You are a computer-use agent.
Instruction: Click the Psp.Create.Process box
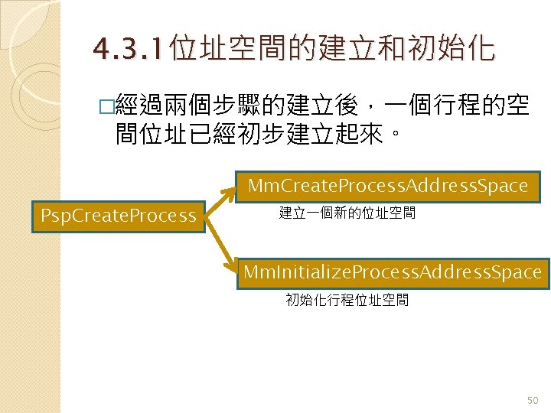pyautogui.click(x=118, y=216)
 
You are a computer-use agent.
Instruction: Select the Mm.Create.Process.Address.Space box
pyautogui.click(x=388, y=185)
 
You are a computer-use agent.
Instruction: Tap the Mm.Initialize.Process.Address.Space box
pyautogui.click(x=393, y=272)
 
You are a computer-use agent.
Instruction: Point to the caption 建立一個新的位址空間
pyautogui.click(x=347, y=213)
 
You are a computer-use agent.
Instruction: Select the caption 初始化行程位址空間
pyautogui.click(x=347, y=300)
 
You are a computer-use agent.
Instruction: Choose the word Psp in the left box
pyautogui.click(x=56, y=216)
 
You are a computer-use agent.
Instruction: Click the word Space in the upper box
pyautogui.click(x=503, y=185)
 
